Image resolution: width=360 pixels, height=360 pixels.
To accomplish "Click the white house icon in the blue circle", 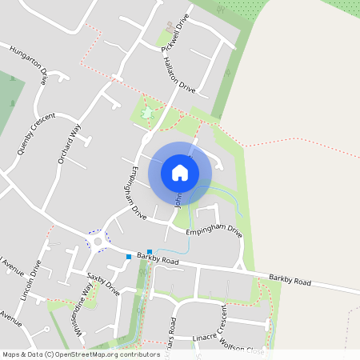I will tap(180, 172).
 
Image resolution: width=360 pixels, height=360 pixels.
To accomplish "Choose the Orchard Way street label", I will tap(70, 142).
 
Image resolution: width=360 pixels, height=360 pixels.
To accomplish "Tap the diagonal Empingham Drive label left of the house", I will tap(133, 193).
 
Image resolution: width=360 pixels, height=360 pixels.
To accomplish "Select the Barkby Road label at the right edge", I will tap(290, 281).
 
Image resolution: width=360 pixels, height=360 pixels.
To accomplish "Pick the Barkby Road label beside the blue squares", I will tap(157, 258).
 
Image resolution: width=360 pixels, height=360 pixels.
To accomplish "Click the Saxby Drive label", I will tap(103, 283).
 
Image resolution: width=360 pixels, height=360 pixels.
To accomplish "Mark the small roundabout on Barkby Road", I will tap(98, 241).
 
